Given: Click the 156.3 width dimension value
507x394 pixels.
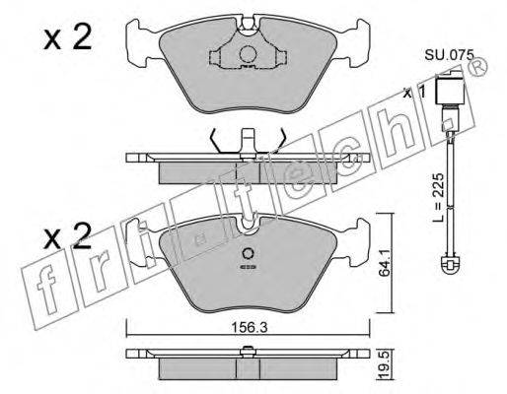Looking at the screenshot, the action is tap(249, 327).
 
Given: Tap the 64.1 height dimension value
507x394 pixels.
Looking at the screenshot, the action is tap(384, 263).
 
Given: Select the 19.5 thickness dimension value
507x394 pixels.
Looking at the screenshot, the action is tap(384, 365).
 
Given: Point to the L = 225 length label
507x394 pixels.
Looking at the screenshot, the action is tap(439, 198).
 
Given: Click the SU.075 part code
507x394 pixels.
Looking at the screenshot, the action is tap(449, 55).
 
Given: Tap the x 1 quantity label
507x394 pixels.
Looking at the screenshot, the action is tap(415, 93).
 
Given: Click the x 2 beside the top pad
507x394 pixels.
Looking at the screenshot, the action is tap(67, 38).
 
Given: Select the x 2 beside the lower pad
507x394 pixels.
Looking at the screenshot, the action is tap(67, 235).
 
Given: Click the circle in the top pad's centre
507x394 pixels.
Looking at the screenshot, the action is tap(248, 54).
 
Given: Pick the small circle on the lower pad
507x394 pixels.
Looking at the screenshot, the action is tap(248, 254).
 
